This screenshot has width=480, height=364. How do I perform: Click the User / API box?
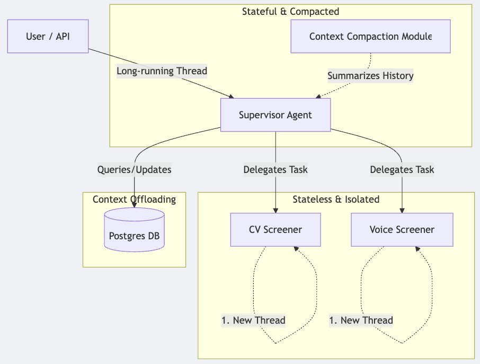tap(48, 37)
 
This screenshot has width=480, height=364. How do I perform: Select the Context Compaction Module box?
tap(370, 37)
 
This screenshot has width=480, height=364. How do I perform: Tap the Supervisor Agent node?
tap(275, 115)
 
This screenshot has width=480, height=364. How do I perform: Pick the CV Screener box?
tap(275, 230)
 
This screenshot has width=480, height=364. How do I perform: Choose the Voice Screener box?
tap(402, 230)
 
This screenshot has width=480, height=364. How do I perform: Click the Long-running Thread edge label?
tap(162, 71)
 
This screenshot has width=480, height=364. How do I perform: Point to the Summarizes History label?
tap(370, 76)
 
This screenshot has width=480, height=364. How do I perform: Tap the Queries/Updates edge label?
tap(134, 170)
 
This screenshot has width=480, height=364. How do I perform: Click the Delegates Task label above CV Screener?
tap(275, 170)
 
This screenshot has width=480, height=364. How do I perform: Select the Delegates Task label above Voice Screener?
tap(402, 170)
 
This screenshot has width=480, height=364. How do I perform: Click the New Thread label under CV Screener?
tap(253, 320)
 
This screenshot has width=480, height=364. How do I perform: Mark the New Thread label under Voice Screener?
tap(361, 320)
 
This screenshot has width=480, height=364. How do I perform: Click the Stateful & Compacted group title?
tap(290, 11)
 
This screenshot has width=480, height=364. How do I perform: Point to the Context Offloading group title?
tap(134, 200)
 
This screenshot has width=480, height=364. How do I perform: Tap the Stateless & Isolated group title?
tap(336, 200)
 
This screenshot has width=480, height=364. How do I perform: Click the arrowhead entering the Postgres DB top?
tap(134, 205)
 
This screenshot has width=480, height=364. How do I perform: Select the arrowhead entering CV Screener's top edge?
tap(275, 211)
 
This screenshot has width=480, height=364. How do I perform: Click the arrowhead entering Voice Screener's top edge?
tap(402, 211)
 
